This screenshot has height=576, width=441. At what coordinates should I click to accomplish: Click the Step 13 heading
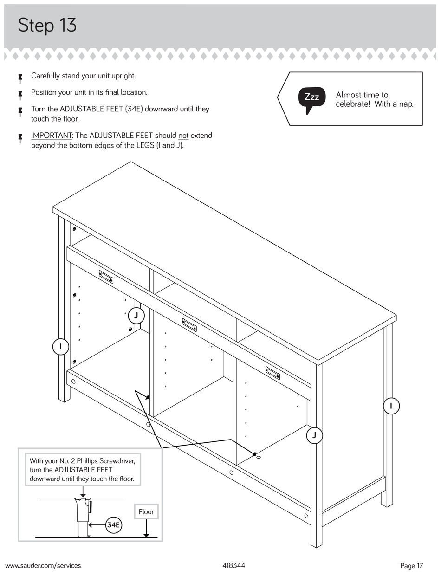click(x=47, y=25)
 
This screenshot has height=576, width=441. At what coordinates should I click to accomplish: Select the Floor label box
click(x=146, y=511)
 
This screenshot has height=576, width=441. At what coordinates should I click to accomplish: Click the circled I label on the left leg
click(x=61, y=347)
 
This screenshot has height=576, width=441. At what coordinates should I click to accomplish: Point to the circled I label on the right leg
click(x=391, y=406)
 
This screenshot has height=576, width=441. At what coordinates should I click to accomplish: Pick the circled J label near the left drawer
click(x=136, y=316)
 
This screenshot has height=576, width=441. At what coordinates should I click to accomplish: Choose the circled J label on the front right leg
click(x=314, y=435)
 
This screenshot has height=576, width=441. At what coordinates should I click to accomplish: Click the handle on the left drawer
click(x=106, y=277)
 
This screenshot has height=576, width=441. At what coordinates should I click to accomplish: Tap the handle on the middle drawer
click(x=189, y=325)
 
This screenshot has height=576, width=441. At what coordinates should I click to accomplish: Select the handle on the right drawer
click(x=272, y=373)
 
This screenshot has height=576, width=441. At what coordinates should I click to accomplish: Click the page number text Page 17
click(x=411, y=565)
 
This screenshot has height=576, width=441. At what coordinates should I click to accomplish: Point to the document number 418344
click(x=233, y=565)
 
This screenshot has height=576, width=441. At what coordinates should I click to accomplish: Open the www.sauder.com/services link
click(x=43, y=565)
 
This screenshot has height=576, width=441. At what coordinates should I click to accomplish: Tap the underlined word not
click(x=183, y=136)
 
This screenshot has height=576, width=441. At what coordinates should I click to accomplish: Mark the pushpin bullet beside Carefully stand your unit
click(x=20, y=77)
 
